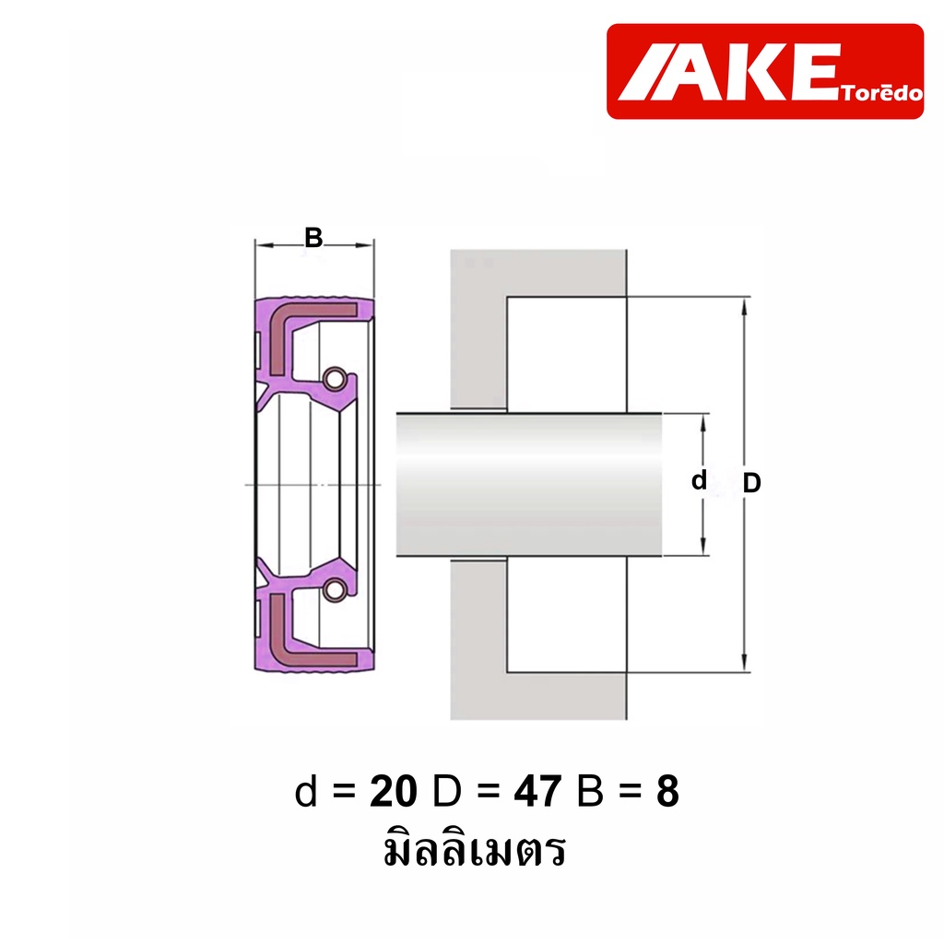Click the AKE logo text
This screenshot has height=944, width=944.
pos(728,72)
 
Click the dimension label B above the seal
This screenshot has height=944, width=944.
pos(313,238)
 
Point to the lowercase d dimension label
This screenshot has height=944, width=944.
pos(699,480)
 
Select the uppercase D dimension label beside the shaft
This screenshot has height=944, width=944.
pos(751,483)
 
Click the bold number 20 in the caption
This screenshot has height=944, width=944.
pos(393,791)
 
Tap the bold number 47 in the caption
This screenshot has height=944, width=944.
pos(537,791)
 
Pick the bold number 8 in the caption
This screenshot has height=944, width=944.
pos(667,791)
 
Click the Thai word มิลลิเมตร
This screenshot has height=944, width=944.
pos(475,849)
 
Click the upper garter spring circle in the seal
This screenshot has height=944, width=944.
pos(334,379)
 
